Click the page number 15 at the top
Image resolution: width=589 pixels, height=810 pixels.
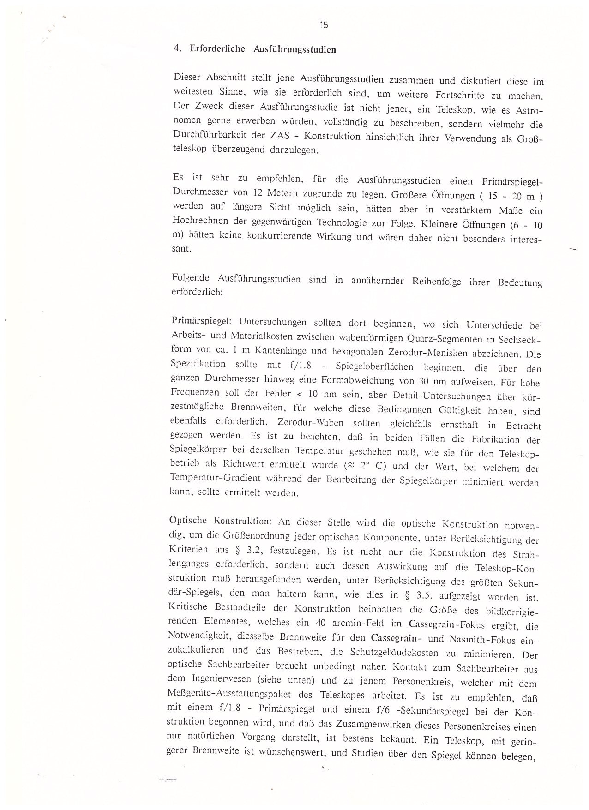pos(324,25)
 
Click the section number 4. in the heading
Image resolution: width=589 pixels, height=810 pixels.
pos(177,48)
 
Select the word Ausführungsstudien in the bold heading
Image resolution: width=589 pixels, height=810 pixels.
pos(294,49)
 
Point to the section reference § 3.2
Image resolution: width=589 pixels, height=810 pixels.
pos(276,550)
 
